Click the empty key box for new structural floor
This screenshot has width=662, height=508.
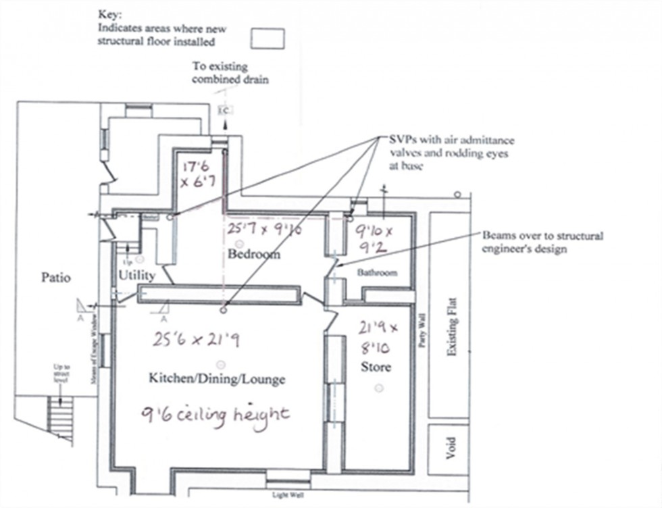click(x=268, y=39)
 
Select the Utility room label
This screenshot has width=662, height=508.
click(x=137, y=276)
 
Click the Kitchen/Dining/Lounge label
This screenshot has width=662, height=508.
click(x=216, y=379)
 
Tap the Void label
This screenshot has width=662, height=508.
click(x=451, y=447)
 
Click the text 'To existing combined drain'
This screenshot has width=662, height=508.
click(x=220, y=73)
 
